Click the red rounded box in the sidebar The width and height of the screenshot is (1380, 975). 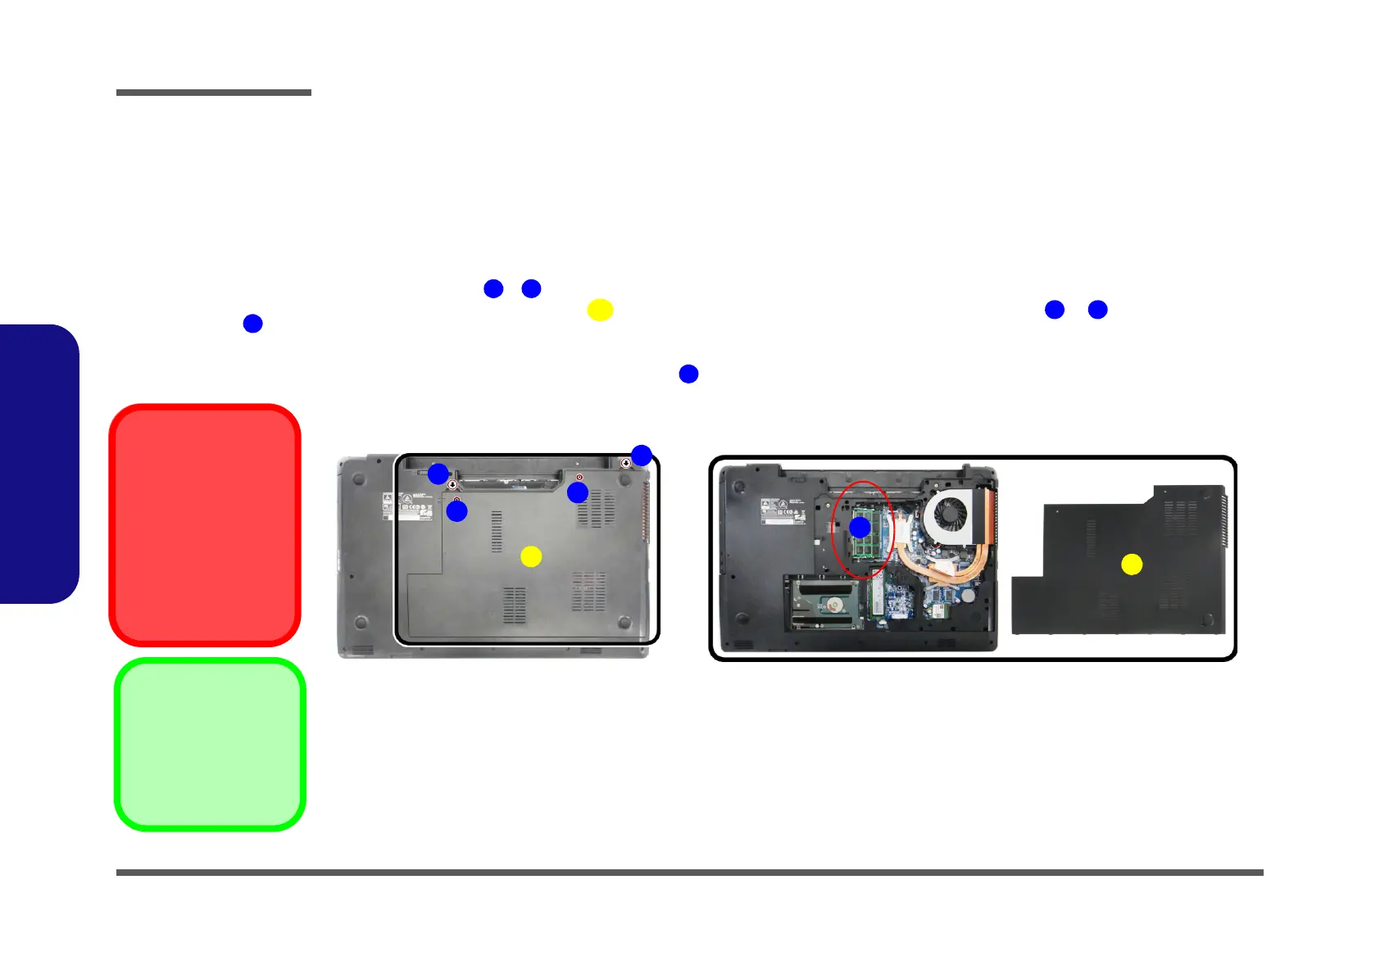click(x=205, y=524)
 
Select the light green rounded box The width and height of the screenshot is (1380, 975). click(x=210, y=744)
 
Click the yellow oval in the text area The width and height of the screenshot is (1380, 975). click(x=600, y=310)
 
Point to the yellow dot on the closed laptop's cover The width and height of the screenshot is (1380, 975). click(x=531, y=556)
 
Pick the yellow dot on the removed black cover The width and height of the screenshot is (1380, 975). click(x=1132, y=565)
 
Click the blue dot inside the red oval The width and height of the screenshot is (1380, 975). click(x=860, y=527)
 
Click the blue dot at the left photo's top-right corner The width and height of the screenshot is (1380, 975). click(x=641, y=456)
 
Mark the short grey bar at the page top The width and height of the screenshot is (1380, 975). click(x=214, y=93)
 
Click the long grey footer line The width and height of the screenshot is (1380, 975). click(x=689, y=873)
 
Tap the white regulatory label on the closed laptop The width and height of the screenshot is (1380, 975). click(x=407, y=507)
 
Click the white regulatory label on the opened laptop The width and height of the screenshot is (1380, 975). click(x=782, y=510)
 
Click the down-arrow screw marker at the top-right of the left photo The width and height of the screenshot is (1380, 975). click(x=627, y=463)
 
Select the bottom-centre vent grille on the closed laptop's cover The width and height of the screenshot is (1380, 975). click(x=515, y=605)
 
